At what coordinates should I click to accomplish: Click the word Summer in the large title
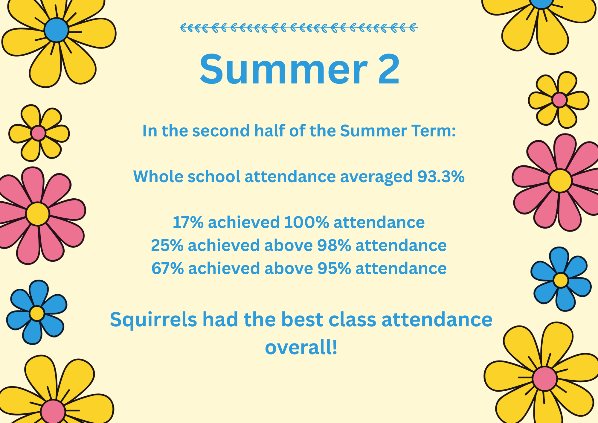pos(283,69)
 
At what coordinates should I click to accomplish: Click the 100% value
pos(306,222)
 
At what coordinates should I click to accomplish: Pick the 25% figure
pos(167,245)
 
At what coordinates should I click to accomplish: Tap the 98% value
pos(334,245)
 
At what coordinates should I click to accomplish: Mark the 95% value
pos(334,268)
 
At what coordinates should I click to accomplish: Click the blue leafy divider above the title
pos(299,28)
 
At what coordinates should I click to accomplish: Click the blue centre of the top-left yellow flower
pos(56,30)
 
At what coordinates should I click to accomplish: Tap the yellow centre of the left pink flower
pos(37,214)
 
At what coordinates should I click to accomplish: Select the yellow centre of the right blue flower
pos(561,280)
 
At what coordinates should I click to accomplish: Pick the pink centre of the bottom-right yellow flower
pos(545,378)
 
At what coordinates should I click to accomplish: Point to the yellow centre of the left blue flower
pos(37,313)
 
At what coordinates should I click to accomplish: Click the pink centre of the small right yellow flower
pos(559,100)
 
